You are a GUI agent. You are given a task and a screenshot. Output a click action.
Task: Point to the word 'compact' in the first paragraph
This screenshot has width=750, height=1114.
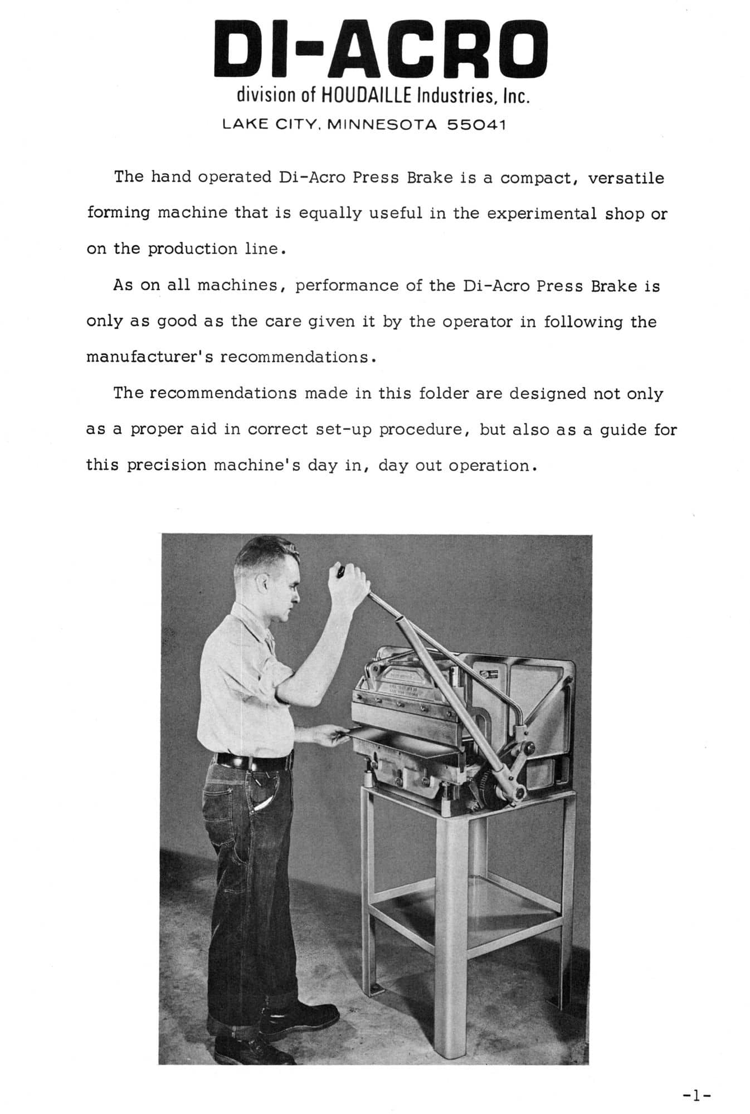[x=538, y=178]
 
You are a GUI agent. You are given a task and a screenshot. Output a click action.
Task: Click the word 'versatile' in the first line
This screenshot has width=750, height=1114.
[x=626, y=178]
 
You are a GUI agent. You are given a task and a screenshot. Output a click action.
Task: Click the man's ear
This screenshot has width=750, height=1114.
[x=262, y=583]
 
